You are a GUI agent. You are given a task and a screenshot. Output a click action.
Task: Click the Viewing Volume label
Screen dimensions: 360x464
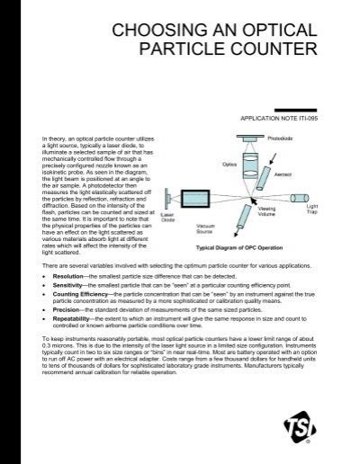[x=266, y=215]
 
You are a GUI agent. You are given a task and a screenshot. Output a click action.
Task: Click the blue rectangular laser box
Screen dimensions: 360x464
[x=168, y=200]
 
